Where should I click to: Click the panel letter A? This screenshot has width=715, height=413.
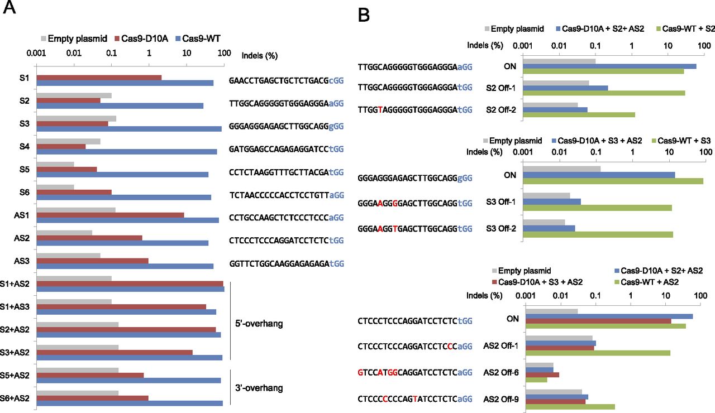[10, 9]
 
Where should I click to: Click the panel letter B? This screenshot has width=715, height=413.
[364, 15]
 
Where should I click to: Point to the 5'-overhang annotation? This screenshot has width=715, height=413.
[260, 324]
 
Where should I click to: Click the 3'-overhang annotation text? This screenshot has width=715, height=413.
[260, 388]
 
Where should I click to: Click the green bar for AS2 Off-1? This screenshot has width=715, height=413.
[598, 353]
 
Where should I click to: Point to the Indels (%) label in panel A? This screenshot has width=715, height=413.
[259, 56]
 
